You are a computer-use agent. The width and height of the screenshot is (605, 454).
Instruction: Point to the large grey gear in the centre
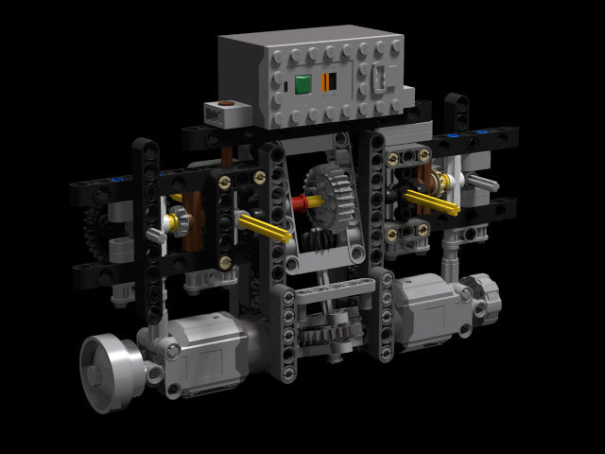click(x=327, y=194)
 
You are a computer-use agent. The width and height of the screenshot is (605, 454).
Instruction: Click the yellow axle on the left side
click(x=264, y=227)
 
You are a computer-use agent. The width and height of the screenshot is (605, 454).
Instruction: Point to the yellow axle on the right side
click(x=434, y=201)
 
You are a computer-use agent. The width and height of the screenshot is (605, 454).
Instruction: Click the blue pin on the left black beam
click(x=115, y=178)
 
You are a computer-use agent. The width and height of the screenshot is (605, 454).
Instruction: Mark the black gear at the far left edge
click(x=91, y=232)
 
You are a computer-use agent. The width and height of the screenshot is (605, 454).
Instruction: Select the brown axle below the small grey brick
click(x=228, y=153)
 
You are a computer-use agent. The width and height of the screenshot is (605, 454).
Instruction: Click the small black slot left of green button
click(x=284, y=88)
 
